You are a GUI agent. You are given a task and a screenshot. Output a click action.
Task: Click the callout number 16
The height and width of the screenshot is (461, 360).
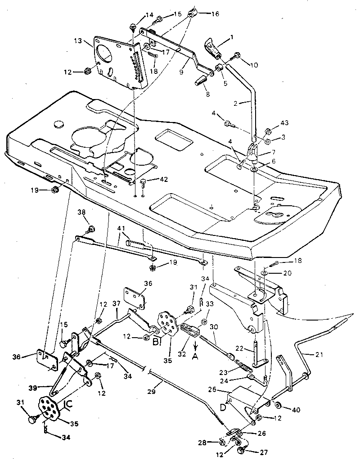click(215, 14)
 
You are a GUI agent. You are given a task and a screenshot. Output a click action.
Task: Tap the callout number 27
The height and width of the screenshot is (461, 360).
click(261, 451)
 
